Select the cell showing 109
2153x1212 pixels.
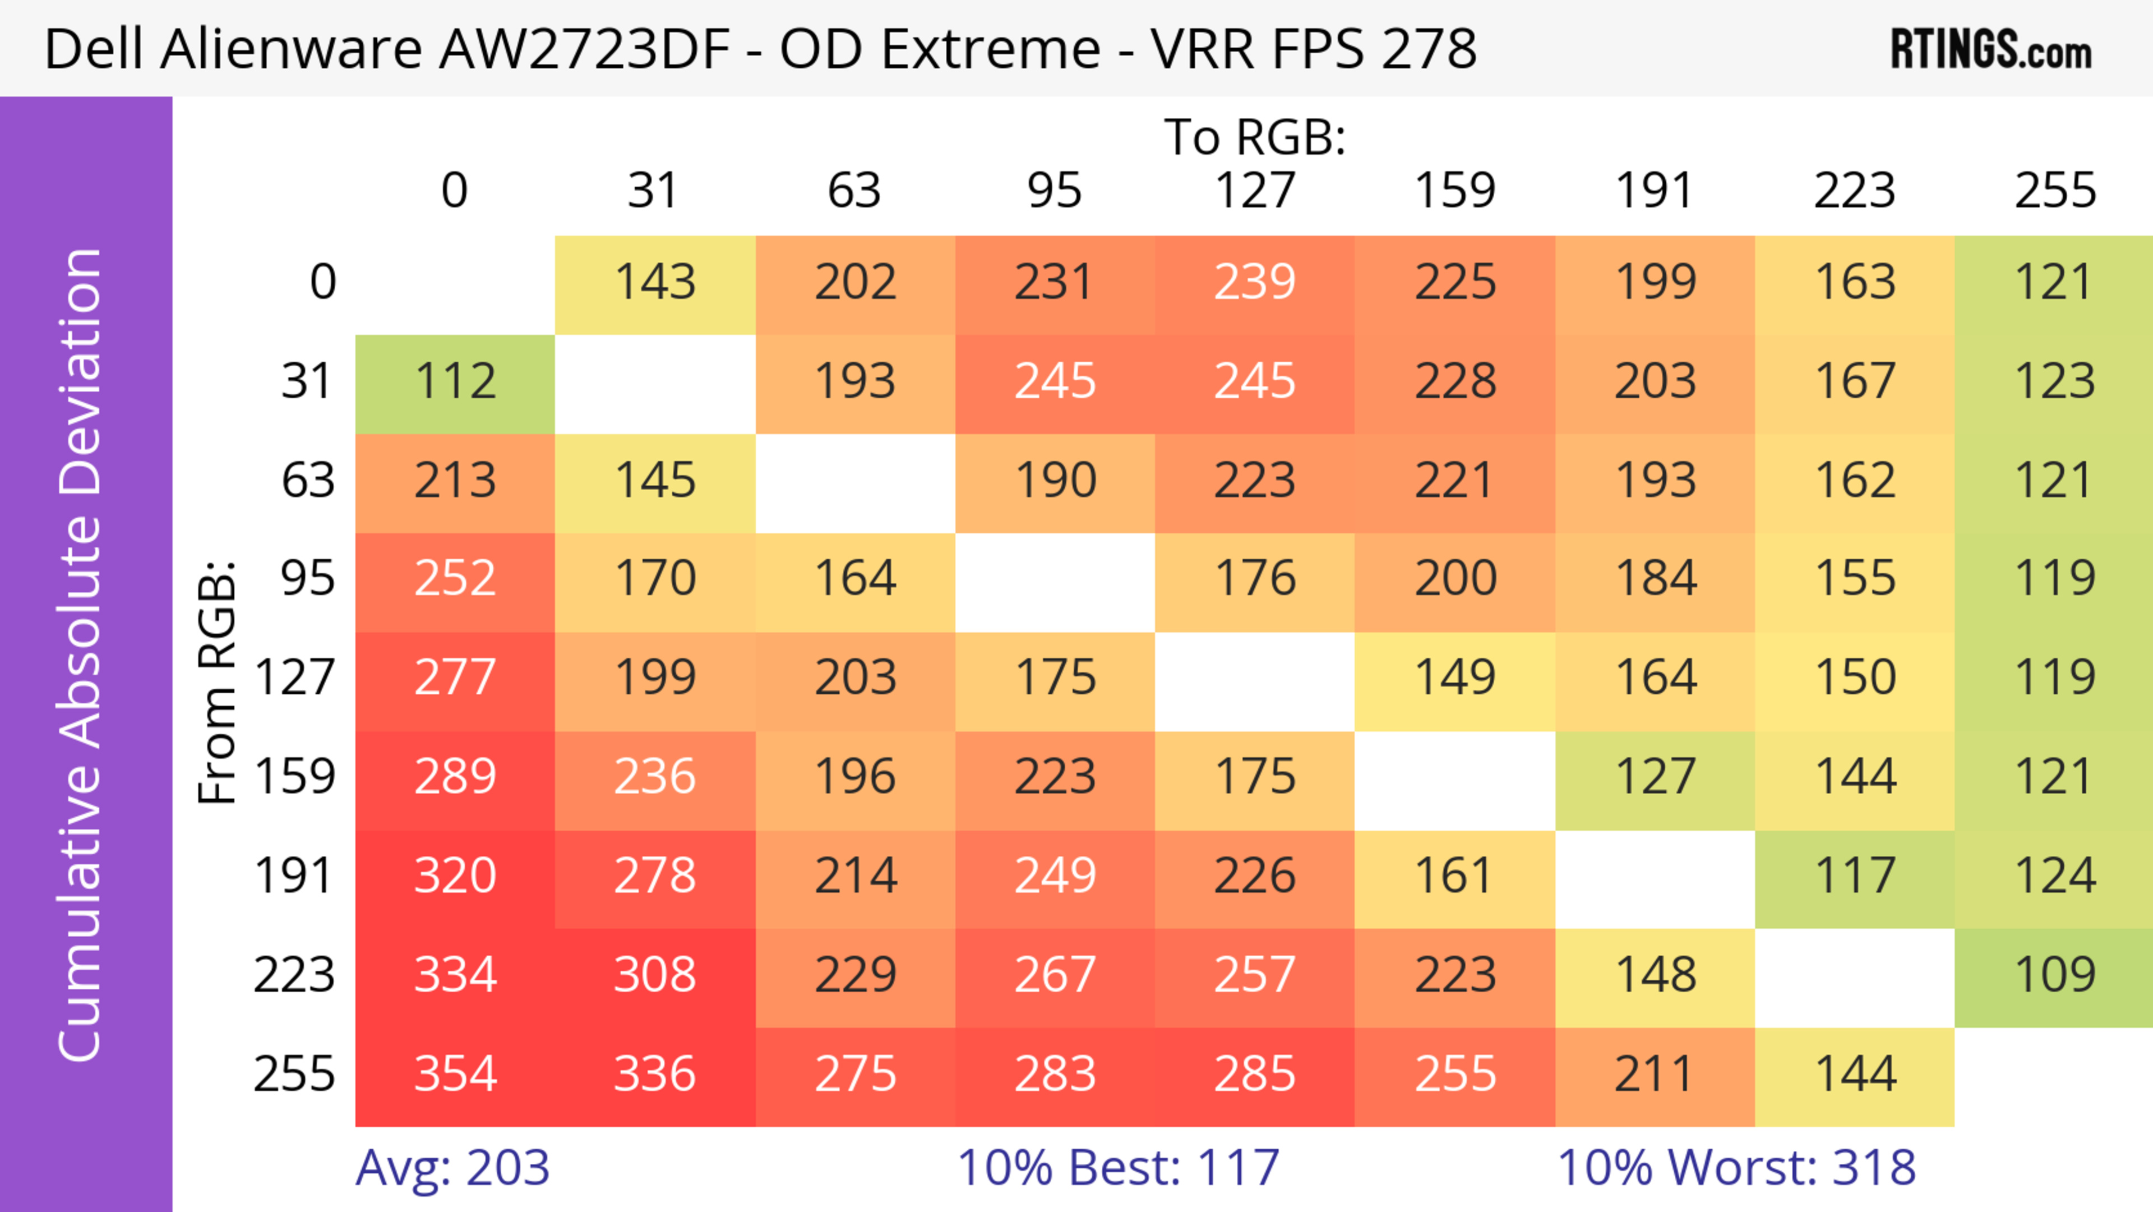pyautogui.click(x=2054, y=975)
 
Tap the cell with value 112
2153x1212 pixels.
pyautogui.click(x=455, y=382)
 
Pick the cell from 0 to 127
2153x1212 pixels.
pyautogui.click(x=1255, y=283)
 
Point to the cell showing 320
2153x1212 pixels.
pyautogui.click(x=455, y=876)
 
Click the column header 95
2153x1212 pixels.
pyautogui.click(x=1055, y=191)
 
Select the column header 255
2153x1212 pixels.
pyautogui.click(x=2054, y=191)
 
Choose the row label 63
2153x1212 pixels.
pyautogui.click(x=308, y=481)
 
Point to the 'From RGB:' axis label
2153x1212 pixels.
pyautogui.click(x=218, y=681)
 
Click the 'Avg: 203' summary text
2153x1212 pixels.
pyautogui.click(x=452, y=1168)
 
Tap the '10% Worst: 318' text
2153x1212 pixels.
pyautogui.click(x=1736, y=1168)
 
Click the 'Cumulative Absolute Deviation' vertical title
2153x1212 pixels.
pyautogui.click(x=81, y=656)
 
